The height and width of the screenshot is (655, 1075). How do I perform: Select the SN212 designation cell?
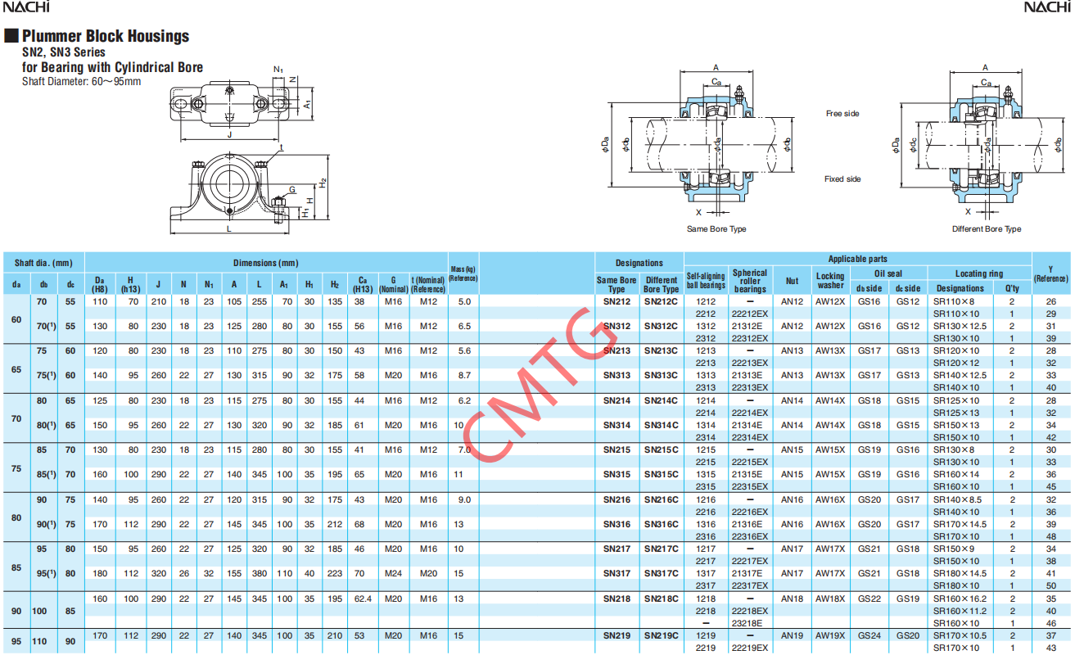tap(617, 301)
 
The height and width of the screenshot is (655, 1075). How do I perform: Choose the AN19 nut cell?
tap(792, 635)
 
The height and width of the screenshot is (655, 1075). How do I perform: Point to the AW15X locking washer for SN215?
tap(829, 449)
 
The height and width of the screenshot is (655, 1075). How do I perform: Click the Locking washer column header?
tap(829, 281)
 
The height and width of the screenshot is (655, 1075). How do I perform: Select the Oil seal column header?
tap(888, 273)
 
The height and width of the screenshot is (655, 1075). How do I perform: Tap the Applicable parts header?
tap(857, 259)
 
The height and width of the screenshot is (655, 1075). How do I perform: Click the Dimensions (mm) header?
tap(265, 263)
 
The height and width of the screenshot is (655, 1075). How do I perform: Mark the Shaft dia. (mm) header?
tap(43, 263)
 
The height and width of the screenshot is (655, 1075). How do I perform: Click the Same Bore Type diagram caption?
tap(716, 229)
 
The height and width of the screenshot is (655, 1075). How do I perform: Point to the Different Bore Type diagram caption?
tap(986, 229)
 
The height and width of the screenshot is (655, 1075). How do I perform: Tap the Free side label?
tap(842, 114)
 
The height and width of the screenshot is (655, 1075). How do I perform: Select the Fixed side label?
tap(842, 178)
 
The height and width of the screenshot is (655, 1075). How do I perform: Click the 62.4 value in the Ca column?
tap(362, 599)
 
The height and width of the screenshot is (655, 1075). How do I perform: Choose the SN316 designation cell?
tap(617, 524)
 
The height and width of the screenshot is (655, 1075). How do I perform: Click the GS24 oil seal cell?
tap(868, 635)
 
